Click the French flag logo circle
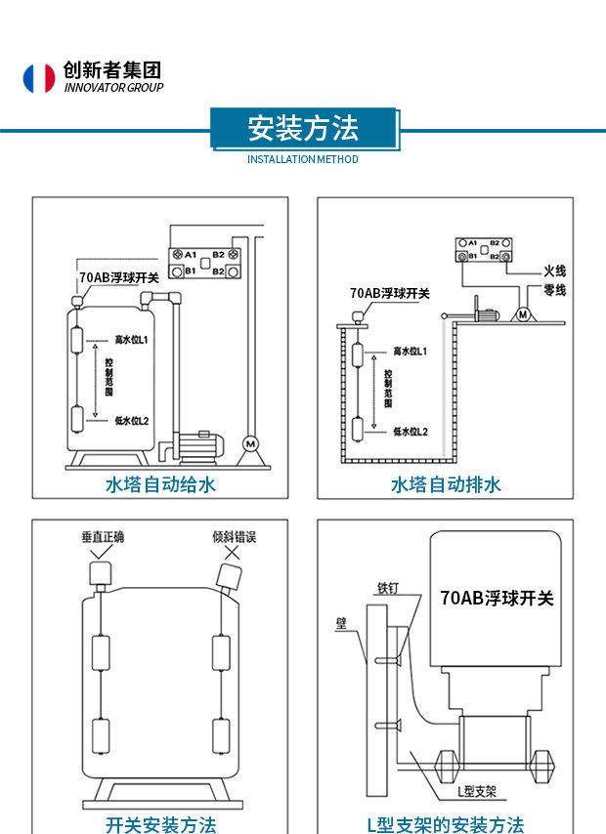39,78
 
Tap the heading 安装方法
303,128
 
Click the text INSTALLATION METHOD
303,159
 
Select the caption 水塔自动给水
160,484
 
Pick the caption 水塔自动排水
446,484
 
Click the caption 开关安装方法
160,824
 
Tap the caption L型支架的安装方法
446,824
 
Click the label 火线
554,271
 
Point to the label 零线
554,290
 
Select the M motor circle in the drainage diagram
523,314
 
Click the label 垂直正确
103,537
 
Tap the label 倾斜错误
235,537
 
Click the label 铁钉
388,588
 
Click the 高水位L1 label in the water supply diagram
131,340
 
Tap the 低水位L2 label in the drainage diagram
411,431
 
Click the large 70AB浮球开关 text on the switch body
497,598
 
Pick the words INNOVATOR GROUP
113,88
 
